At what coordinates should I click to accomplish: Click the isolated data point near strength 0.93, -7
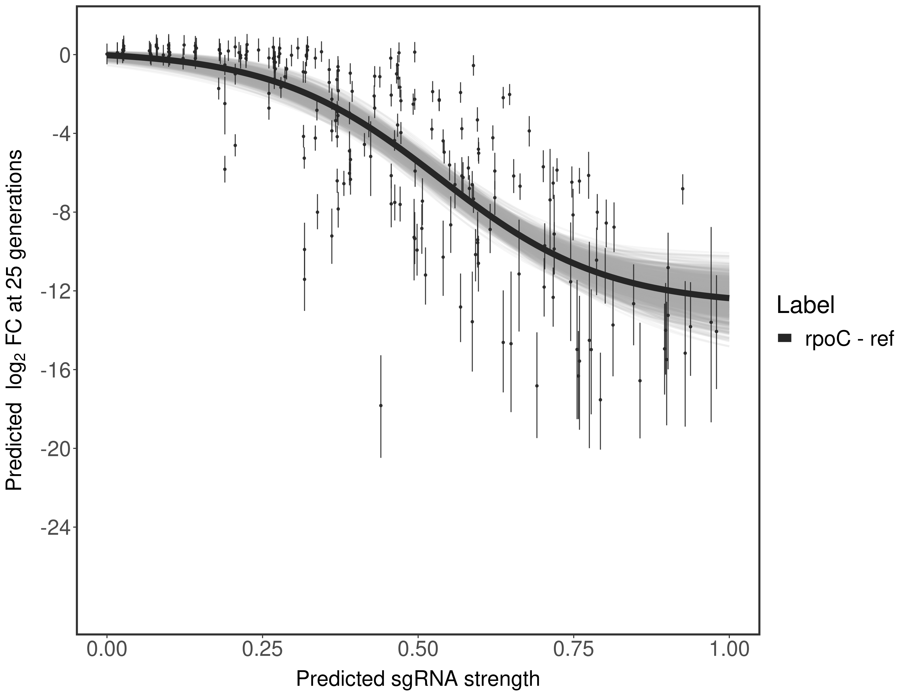pos(682,188)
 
